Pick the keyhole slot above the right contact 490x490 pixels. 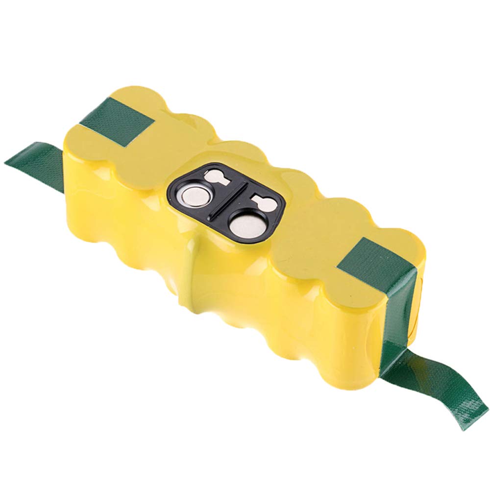pyautogui.click(x=262, y=201)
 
